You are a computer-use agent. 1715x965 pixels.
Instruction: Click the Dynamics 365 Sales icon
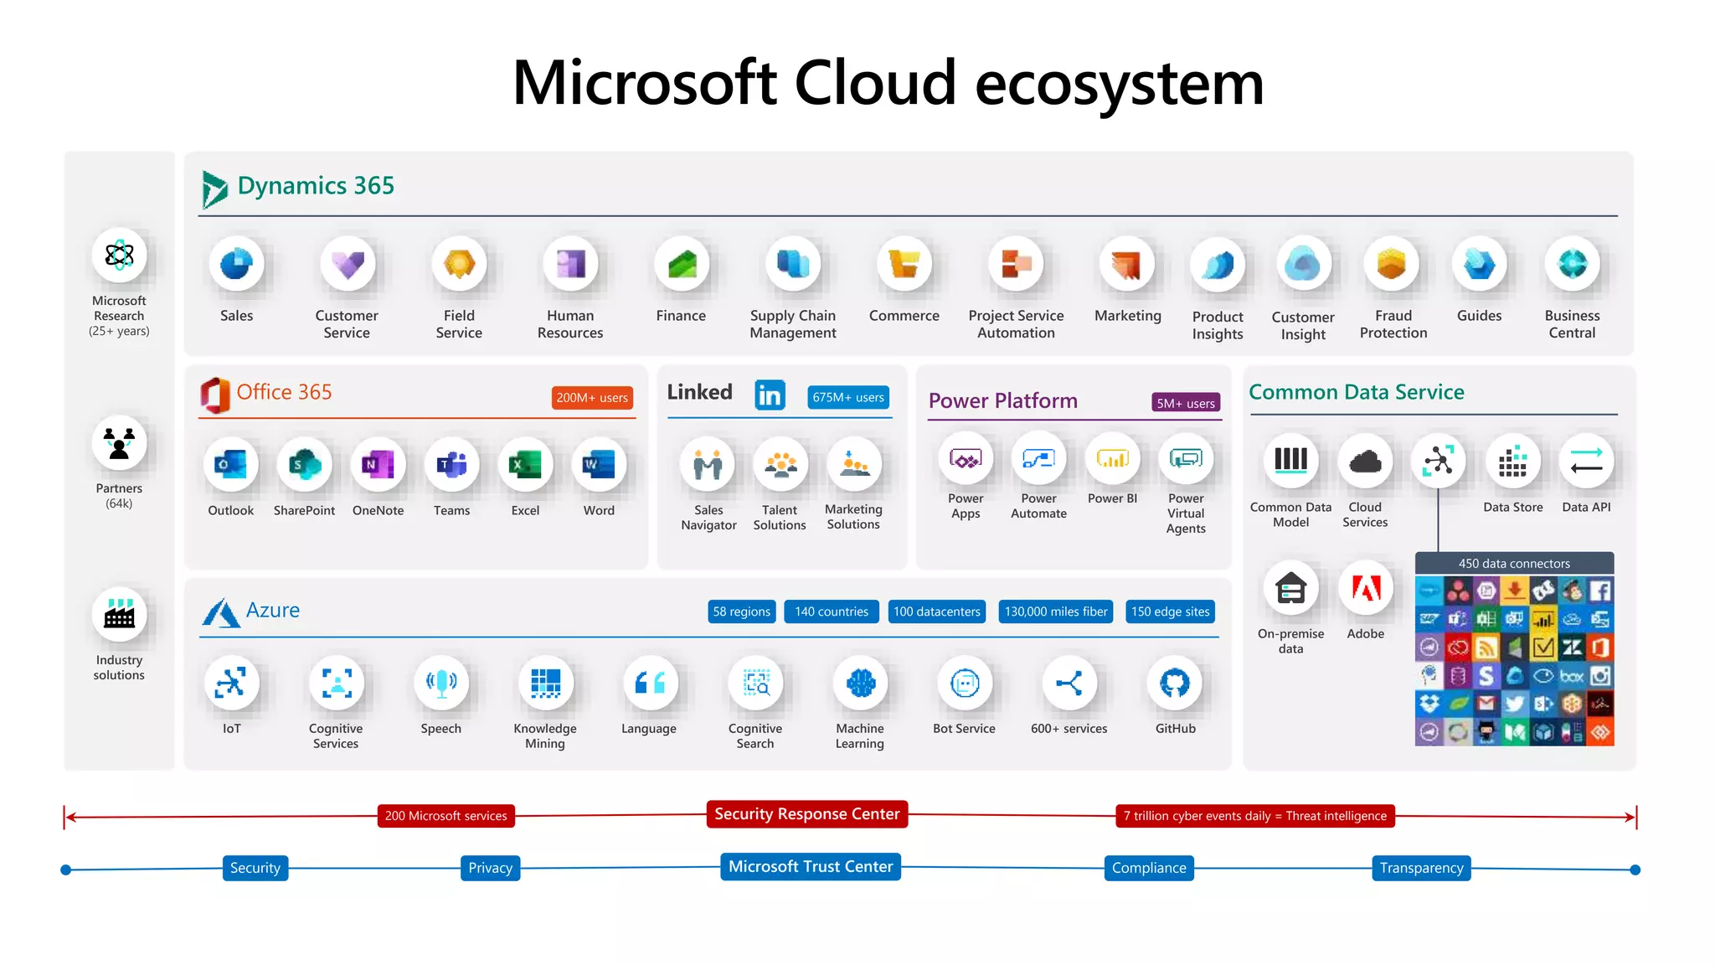[236, 265]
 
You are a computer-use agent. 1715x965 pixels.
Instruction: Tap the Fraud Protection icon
[1392, 265]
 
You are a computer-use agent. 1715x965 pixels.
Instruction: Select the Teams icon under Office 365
[451, 464]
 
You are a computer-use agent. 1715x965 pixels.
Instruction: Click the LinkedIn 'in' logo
[770, 395]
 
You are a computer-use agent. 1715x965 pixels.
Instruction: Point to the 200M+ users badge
[592, 398]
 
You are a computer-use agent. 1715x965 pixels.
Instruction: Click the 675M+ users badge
[847, 397]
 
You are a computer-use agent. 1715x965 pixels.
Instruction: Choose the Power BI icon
[1112, 459]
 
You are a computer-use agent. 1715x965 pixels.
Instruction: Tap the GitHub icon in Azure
[1175, 684]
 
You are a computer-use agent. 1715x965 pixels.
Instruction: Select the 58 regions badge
[741, 612]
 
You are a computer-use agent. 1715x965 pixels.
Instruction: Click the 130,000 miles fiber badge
[1055, 612]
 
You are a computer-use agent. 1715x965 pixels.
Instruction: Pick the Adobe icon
[1365, 588]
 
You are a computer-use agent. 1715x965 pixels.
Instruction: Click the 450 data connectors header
[1513, 564]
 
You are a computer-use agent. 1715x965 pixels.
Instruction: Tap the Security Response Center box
[806, 814]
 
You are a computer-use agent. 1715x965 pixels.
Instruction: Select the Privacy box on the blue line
[490, 868]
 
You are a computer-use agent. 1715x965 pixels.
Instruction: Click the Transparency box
[1420, 868]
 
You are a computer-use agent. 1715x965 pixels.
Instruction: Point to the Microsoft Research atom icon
[119, 255]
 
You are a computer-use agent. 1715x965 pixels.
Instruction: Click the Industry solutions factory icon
[119, 615]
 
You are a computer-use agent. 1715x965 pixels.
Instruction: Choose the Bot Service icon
[964, 684]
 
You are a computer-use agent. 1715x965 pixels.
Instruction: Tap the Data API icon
[1585, 461]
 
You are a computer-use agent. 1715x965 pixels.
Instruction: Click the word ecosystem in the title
[1119, 84]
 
